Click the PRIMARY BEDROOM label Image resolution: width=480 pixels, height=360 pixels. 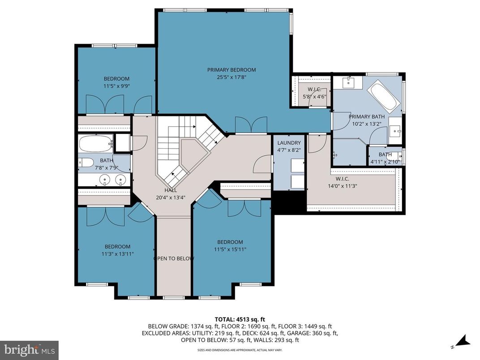click(x=231, y=70)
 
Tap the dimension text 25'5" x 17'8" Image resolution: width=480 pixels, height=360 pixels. click(x=231, y=77)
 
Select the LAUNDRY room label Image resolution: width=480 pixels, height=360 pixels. click(x=289, y=142)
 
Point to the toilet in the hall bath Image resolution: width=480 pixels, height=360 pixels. click(x=86, y=162)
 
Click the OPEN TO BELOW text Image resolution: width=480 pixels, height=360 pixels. click(x=174, y=259)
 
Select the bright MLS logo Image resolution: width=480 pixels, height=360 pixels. click(x=29, y=347)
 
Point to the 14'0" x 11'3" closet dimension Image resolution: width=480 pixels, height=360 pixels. click(x=343, y=186)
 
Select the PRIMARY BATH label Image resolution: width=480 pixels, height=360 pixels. click(x=367, y=117)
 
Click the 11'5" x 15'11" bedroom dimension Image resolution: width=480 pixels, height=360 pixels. click(x=231, y=249)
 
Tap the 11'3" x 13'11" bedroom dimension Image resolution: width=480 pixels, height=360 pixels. click(x=118, y=254)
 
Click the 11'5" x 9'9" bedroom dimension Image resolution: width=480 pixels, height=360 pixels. click(x=116, y=86)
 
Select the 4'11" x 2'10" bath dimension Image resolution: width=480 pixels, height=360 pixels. click(x=385, y=162)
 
